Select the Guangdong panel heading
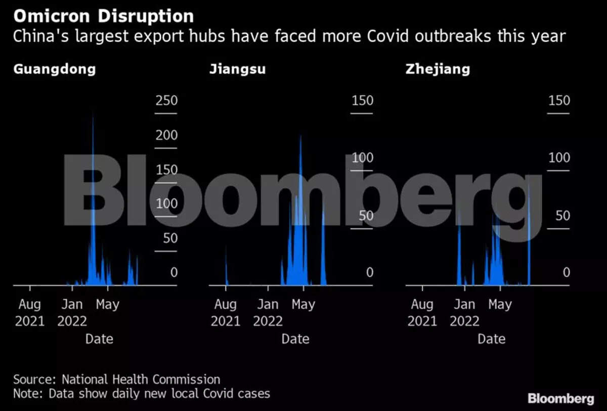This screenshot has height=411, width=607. [54, 69]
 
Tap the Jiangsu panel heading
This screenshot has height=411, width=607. [237, 69]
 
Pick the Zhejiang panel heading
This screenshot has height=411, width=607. [438, 69]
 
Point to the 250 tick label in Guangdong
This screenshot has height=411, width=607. [166, 100]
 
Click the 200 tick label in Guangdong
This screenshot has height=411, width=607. [166, 135]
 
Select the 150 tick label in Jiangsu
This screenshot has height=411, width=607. [362, 100]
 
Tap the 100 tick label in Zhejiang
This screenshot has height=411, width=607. [559, 157]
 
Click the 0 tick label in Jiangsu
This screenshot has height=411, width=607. [369, 272]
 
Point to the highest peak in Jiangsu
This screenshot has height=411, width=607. [300, 136]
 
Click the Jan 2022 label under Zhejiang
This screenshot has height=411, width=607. [464, 312]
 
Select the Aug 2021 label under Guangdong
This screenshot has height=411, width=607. [30, 312]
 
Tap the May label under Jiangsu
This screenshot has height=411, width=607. [303, 304]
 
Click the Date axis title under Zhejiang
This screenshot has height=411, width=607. [492, 339]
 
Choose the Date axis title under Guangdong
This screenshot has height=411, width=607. [99, 339]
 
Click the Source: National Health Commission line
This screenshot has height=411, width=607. [116, 379]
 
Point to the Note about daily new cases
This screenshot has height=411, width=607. [141, 393]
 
